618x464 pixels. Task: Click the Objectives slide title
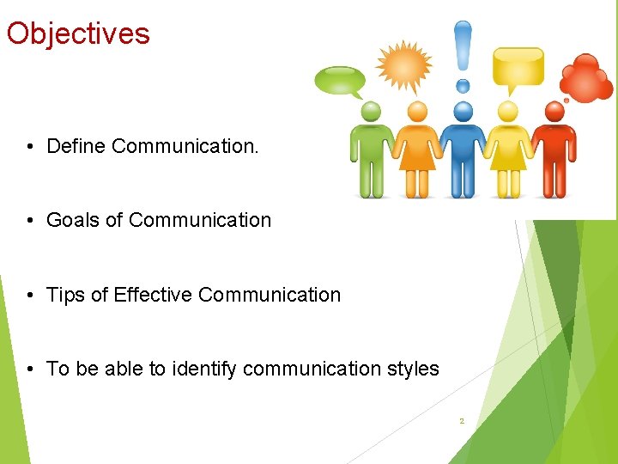(x=78, y=34)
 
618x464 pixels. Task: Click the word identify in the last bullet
(x=204, y=369)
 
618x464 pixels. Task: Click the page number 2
(x=462, y=421)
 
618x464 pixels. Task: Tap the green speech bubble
(x=339, y=81)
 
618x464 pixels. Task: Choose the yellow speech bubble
(x=518, y=66)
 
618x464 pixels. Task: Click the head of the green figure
(x=371, y=112)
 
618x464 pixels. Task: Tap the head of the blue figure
(x=463, y=111)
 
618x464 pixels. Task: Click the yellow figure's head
(x=508, y=112)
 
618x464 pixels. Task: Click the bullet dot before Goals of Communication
(x=29, y=221)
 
